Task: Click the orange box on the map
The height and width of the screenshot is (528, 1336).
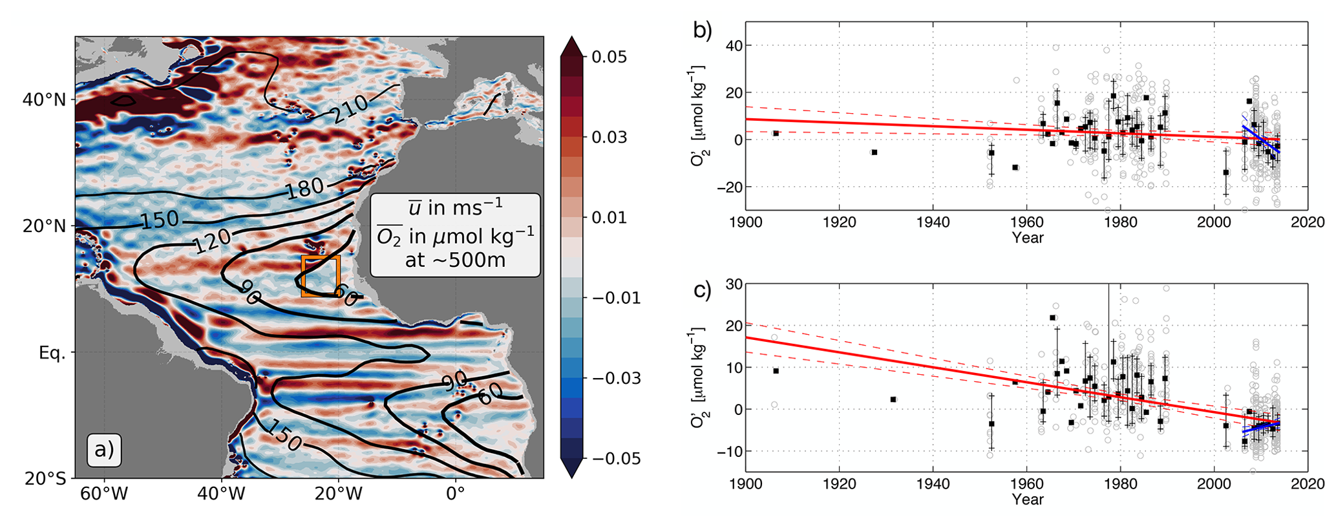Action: [321, 276]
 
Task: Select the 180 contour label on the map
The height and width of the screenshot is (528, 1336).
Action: [304, 188]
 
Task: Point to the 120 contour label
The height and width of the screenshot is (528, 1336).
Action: [212, 241]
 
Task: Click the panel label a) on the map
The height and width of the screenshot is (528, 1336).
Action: [103, 449]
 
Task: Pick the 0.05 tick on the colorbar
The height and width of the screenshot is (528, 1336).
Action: [609, 57]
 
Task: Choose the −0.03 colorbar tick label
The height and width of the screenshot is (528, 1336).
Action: [612, 378]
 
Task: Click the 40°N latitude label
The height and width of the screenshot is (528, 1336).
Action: [44, 100]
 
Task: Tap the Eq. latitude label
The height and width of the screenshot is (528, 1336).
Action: [52, 354]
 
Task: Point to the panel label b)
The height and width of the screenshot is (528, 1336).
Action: [703, 30]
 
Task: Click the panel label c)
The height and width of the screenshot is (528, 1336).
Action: [703, 290]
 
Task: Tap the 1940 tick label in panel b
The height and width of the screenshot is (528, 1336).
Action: [933, 222]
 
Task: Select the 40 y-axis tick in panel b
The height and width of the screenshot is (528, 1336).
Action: [732, 46]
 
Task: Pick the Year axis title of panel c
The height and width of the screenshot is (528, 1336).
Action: [1028, 500]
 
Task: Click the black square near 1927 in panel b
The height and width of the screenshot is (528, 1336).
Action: [875, 152]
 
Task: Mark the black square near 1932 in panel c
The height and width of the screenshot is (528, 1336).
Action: [893, 399]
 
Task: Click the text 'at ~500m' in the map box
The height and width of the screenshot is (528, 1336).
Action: [455, 260]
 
